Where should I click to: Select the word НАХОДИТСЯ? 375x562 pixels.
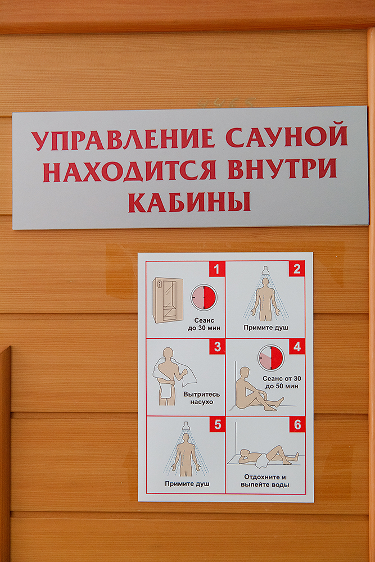coord(130,170)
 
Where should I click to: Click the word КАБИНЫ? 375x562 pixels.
coord(189,202)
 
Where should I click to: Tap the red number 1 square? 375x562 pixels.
coord(217,269)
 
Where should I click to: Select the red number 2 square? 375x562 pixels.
coord(297,269)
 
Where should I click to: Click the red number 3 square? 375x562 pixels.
coord(217,347)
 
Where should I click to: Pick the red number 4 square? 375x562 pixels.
coord(297,347)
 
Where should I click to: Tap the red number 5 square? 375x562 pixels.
coord(218,424)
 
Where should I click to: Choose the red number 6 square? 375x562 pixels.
coord(297,424)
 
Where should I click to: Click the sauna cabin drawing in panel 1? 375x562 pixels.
coord(168,300)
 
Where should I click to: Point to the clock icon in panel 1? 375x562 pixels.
coord(204,297)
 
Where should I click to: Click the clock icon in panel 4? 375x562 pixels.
coord(271,357)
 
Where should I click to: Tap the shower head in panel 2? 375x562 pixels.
coord(265,271)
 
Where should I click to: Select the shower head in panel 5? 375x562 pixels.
coord(186,426)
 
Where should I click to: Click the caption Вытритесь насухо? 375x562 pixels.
coord(201,398)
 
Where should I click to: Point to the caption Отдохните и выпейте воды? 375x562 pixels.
coord(265,481)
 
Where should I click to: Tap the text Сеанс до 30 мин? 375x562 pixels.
coord(204,324)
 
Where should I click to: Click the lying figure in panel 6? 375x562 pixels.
coord(269,457)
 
